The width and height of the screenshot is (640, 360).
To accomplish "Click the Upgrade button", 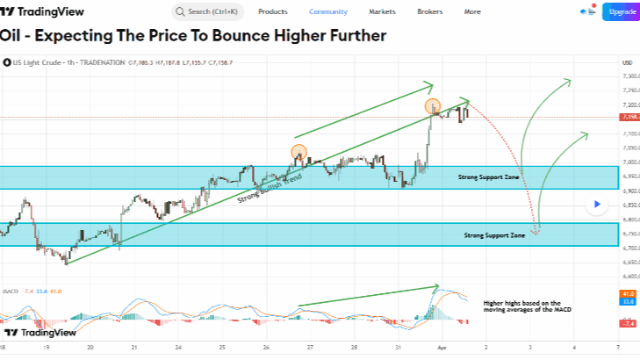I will (621, 11).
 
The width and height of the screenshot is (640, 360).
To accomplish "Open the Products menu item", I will (273, 11).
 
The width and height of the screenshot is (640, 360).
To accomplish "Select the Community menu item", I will (328, 11).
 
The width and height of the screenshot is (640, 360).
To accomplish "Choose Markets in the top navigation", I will (381, 11).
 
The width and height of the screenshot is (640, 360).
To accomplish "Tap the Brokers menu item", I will (430, 11).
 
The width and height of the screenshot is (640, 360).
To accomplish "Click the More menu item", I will (472, 11).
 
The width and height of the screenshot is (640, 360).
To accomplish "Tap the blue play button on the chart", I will (595, 205).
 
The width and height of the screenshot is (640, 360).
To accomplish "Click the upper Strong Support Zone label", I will (488, 177).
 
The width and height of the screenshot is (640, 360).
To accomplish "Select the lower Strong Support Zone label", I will (494, 235).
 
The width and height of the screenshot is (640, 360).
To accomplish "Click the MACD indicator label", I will (11, 290).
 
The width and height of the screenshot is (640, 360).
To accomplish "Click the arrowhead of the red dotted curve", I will (535, 231).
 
